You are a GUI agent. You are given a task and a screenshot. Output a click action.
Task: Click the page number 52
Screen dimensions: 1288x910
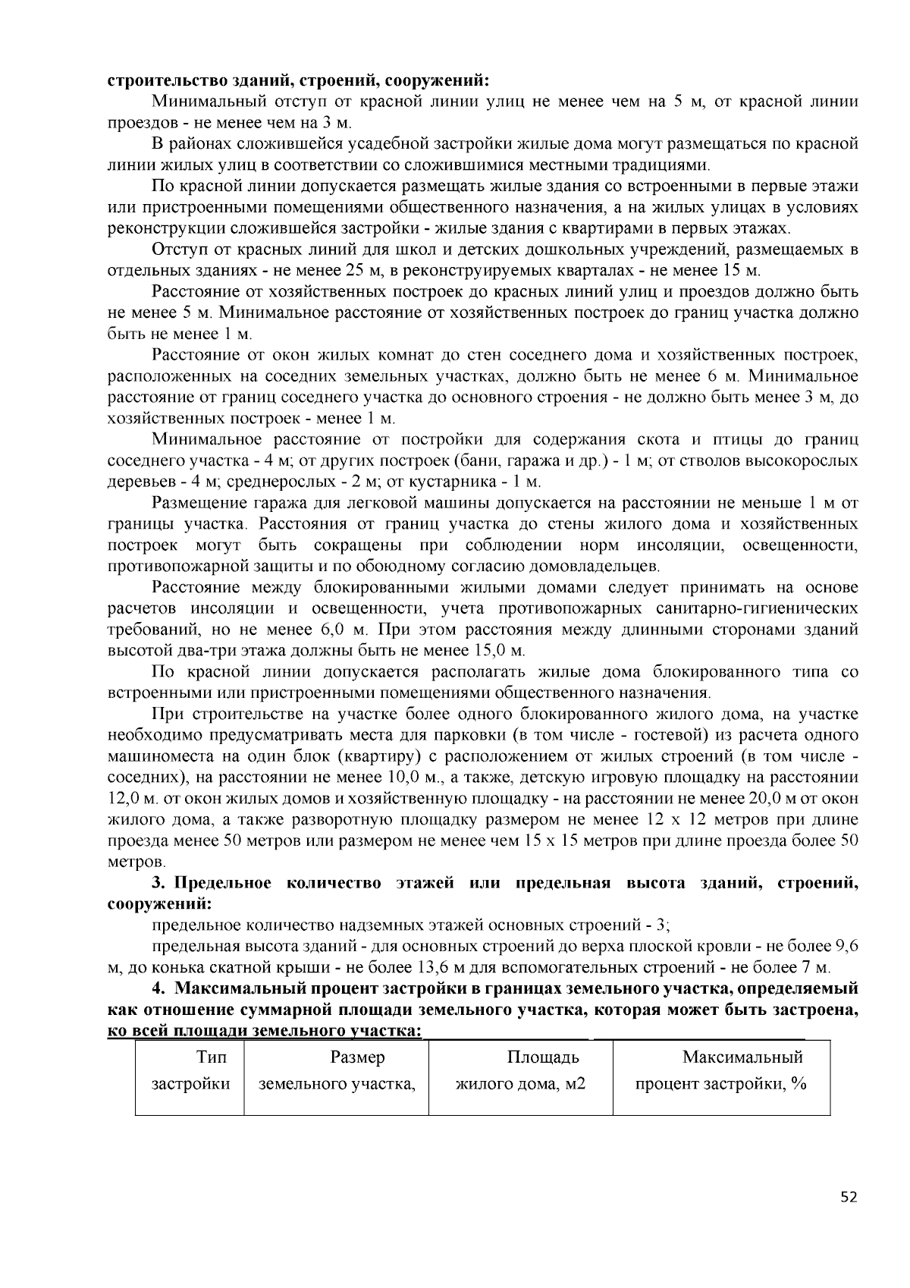(849, 1198)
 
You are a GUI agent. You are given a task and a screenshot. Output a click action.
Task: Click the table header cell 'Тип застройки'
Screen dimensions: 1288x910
(190, 1070)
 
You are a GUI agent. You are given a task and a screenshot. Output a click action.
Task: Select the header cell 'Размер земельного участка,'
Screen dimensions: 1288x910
(337, 1070)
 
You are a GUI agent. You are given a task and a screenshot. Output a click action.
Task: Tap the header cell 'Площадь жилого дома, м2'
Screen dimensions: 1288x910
(520, 1070)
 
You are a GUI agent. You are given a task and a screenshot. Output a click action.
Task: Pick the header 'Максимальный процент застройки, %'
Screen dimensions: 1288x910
(721, 1070)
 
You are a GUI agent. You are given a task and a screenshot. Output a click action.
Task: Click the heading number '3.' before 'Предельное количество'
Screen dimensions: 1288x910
(158, 883)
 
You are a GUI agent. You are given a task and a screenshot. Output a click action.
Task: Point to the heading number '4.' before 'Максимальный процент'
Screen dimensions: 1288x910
(158, 988)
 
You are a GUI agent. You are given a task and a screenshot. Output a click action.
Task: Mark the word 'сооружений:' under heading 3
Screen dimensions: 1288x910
(158, 904)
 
